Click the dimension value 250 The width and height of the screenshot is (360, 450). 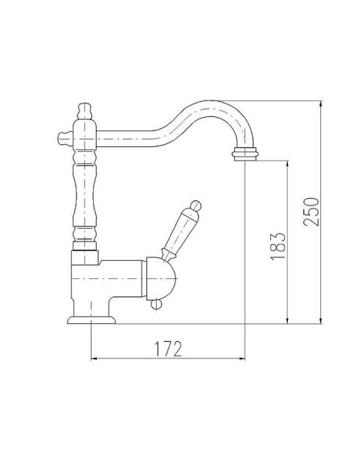click(311, 211)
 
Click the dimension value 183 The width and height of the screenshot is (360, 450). click(278, 246)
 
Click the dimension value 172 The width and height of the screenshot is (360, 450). click(168, 349)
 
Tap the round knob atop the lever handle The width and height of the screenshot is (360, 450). click(196, 205)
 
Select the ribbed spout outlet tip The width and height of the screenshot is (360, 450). click(245, 154)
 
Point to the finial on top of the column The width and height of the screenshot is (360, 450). click(85, 111)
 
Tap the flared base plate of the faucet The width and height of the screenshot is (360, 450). click(91, 320)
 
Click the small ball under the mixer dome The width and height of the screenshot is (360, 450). click(156, 304)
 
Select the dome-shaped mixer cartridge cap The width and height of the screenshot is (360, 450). click(160, 278)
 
